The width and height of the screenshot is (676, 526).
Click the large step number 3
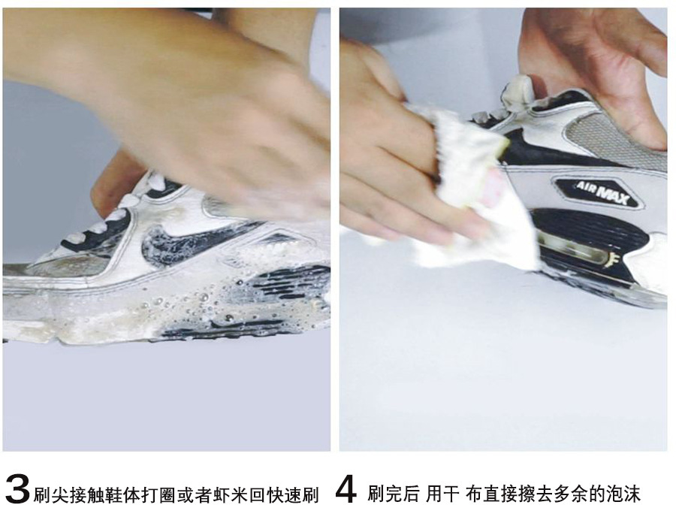tap(18, 489)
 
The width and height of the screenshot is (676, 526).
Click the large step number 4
tap(346, 489)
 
